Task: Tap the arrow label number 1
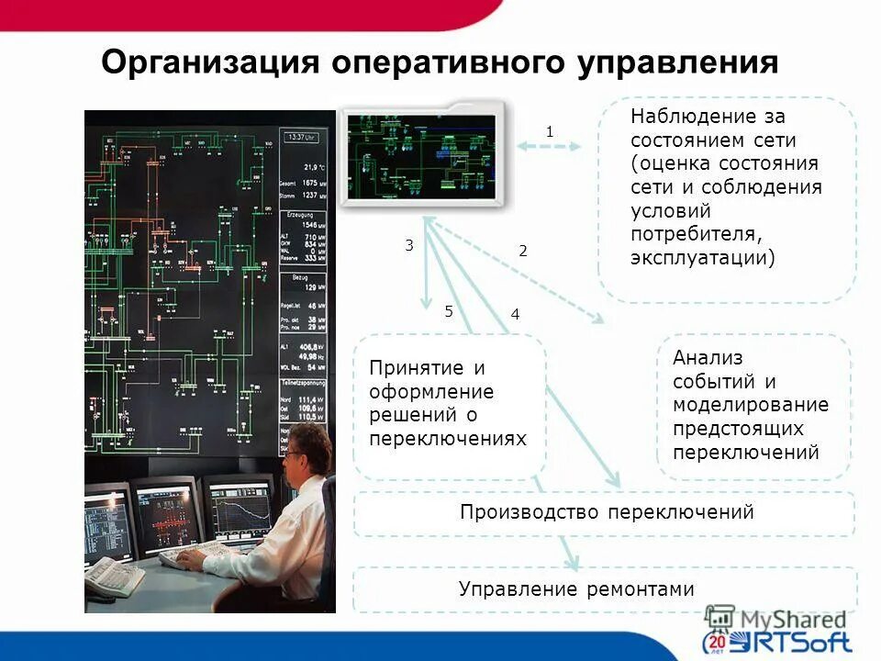(x=550, y=132)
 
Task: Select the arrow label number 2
(x=523, y=250)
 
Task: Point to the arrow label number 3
(x=409, y=245)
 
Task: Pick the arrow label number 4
(x=515, y=314)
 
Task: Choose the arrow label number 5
(x=449, y=311)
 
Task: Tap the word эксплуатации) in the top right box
(x=702, y=259)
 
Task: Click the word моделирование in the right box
(x=750, y=405)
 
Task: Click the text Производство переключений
(x=607, y=512)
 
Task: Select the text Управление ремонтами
(x=576, y=589)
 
